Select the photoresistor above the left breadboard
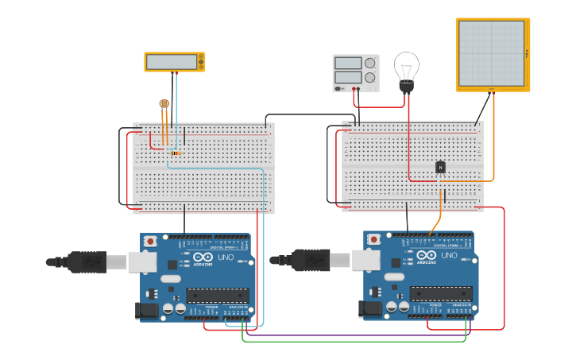pyautogui.click(x=164, y=103)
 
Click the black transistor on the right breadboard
pyautogui.click(x=440, y=167)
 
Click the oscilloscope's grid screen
pyautogui.click(x=491, y=53)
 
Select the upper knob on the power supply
pyautogui.click(x=369, y=63)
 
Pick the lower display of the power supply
pyautogui.click(x=348, y=77)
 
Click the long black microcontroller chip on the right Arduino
pyautogui.click(x=441, y=293)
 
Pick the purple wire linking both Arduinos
pyautogui.click(x=358, y=335)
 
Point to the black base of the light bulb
pyautogui.click(x=407, y=87)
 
